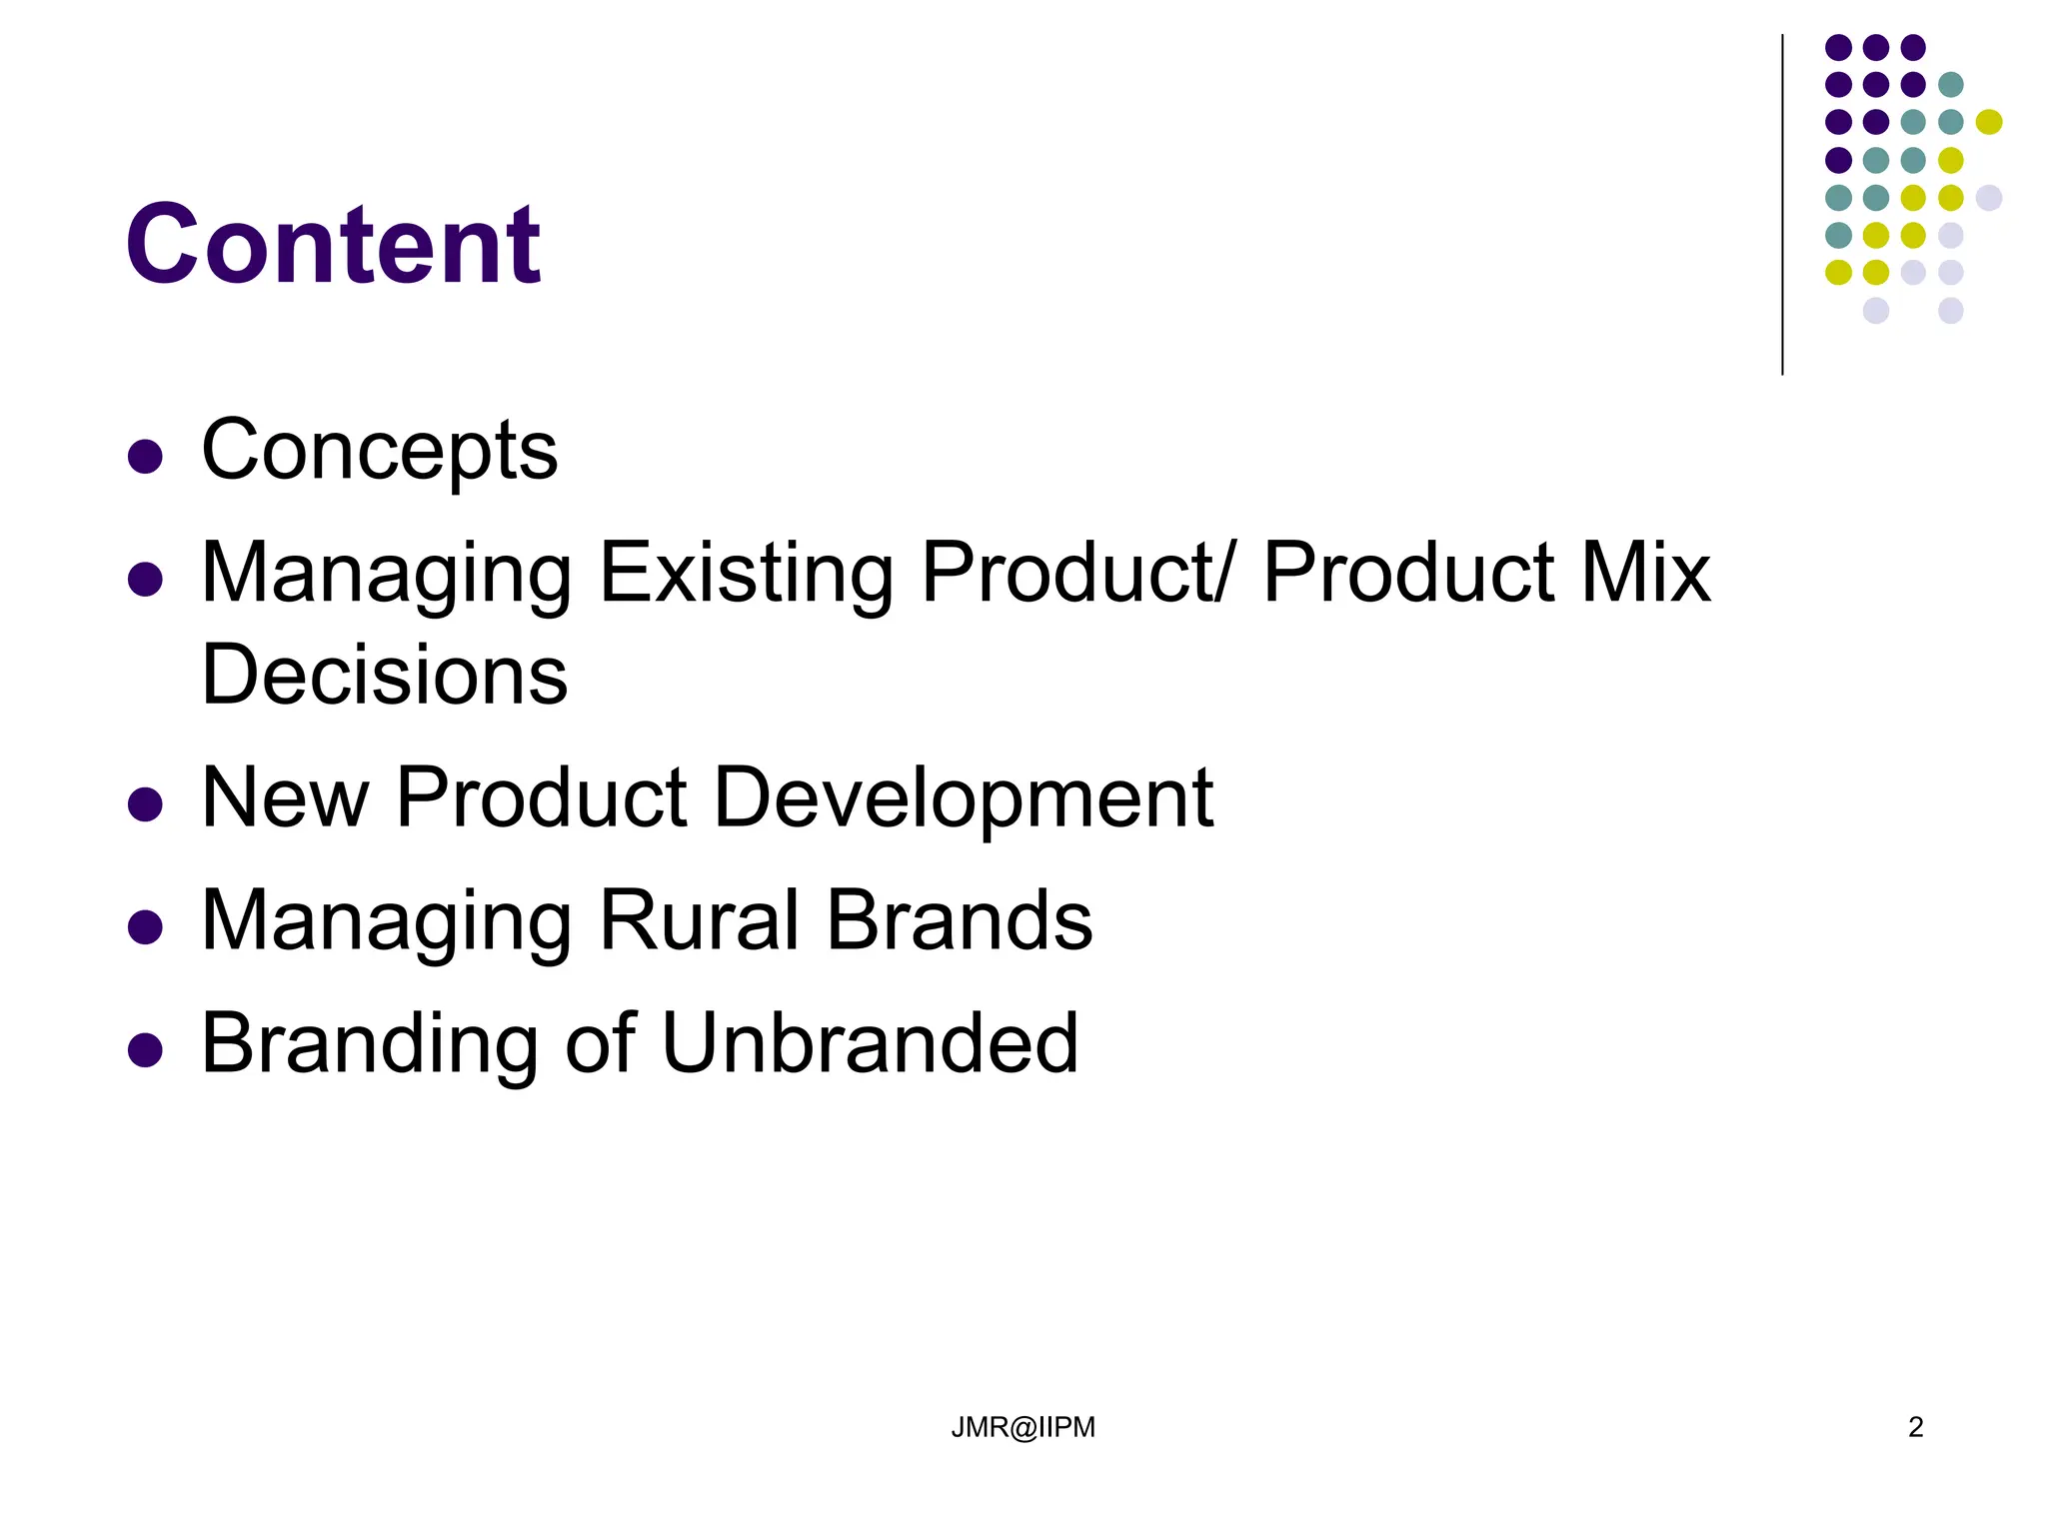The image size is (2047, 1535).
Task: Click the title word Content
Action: coord(333,245)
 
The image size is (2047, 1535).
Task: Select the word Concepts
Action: coord(379,451)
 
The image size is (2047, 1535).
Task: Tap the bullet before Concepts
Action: coord(146,457)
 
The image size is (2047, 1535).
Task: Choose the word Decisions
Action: coord(385,676)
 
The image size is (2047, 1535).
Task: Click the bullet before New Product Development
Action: coord(146,804)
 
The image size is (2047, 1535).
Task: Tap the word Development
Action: coord(964,798)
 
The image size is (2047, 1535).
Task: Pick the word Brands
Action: coord(960,920)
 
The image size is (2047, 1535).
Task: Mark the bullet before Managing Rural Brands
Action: coord(146,927)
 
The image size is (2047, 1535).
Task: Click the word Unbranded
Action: coord(870,1043)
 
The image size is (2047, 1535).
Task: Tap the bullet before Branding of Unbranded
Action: coord(146,1050)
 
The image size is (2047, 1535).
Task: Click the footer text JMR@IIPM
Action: coord(1023,1427)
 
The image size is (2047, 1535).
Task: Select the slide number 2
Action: coord(1915,1427)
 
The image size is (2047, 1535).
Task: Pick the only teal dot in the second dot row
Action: coord(1950,85)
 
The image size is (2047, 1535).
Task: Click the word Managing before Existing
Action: coord(387,576)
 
